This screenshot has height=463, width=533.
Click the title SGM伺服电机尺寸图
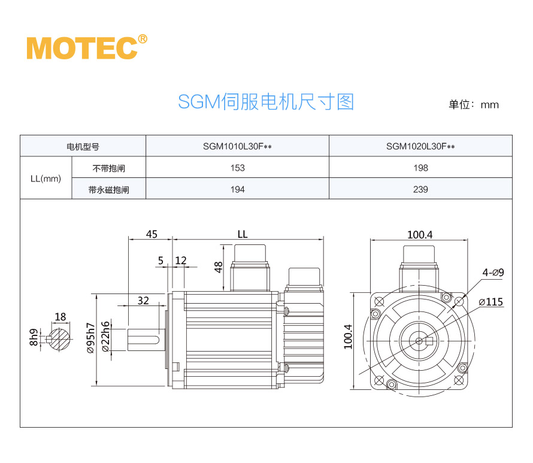pyautogui.click(x=266, y=102)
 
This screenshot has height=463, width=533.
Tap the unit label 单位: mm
pyautogui.click(x=473, y=104)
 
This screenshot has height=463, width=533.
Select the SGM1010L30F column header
pyautogui.click(x=237, y=146)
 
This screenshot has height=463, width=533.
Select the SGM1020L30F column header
pyautogui.click(x=420, y=146)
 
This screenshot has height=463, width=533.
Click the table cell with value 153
pyautogui.click(x=237, y=168)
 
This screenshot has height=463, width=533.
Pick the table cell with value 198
pyautogui.click(x=420, y=168)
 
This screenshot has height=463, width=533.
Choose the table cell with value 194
pyautogui.click(x=237, y=190)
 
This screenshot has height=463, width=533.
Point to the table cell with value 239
pyautogui.click(x=420, y=190)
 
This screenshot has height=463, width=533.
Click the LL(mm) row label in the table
pyautogui.click(x=46, y=178)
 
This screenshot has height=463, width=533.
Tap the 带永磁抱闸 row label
pyautogui.click(x=108, y=190)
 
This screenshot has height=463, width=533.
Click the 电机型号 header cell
pyautogui.click(x=83, y=146)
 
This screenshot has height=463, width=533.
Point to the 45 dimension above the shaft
pyautogui.click(x=152, y=234)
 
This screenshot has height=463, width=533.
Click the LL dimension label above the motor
pyautogui.click(x=242, y=234)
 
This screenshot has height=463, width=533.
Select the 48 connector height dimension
pyautogui.click(x=219, y=267)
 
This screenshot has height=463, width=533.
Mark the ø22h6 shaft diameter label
pyautogui.click(x=106, y=337)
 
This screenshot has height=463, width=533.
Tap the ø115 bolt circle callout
pyautogui.click(x=491, y=302)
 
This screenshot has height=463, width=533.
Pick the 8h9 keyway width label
pyautogui.click(x=34, y=338)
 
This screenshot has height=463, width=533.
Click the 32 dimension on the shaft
pyautogui.click(x=143, y=301)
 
